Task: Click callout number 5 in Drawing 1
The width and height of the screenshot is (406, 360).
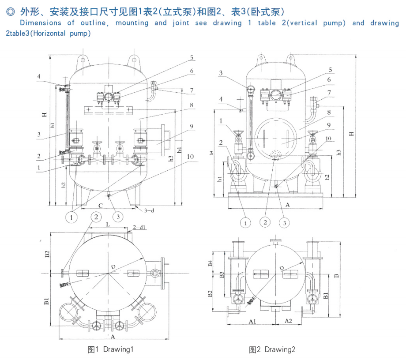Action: coord(192,58)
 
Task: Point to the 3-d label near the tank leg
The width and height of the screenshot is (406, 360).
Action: coord(150,210)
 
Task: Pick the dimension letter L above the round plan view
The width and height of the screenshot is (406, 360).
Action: coord(108,225)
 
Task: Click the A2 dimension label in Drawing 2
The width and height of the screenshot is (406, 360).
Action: coord(287,320)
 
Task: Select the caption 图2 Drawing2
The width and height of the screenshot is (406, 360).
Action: coord(272,349)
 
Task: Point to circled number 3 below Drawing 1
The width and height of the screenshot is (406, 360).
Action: coord(117,217)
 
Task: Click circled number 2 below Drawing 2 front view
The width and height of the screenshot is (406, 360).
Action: coord(265,222)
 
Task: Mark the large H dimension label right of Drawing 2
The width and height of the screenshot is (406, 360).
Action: coord(351,134)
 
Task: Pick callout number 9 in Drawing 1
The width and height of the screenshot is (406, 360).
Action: coord(192,126)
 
